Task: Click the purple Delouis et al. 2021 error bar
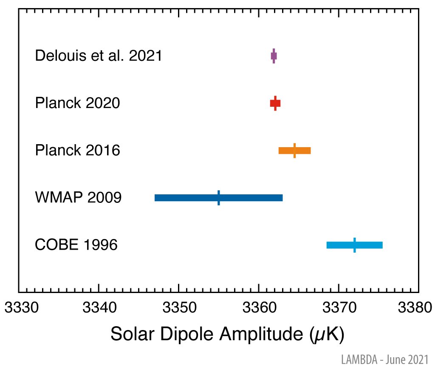coord(274,56)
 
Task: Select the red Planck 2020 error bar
coord(275,103)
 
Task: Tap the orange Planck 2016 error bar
coord(294,151)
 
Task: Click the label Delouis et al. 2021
coord(99,56)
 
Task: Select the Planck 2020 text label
coord(77,103)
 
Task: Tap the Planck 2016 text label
coord(77,151)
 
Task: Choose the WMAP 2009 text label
coord(78,198)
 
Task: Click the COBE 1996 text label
coord(76,245)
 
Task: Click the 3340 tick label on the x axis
coord(99,307)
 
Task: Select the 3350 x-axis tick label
coord(178,307)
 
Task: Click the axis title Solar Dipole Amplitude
coord(227,335)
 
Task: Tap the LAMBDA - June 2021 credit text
coord(384,360)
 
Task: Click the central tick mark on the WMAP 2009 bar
coord(218,198)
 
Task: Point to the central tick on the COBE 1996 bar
coord(355,245)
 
